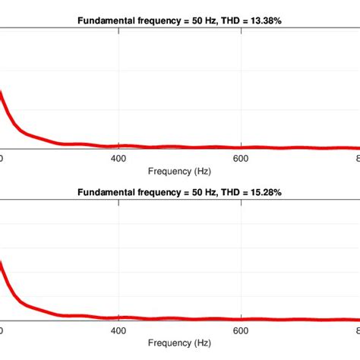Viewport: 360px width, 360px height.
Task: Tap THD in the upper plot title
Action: coord(226,21)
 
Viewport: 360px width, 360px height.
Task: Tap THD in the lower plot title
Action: coord(226,193)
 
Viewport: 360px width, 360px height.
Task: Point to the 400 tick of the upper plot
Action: coord(118,159)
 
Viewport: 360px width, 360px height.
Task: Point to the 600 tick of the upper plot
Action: coord(241,159)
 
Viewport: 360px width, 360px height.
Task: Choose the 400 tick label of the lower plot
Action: coord(118,330)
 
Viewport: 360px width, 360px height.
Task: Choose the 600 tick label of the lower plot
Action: coord(241,330)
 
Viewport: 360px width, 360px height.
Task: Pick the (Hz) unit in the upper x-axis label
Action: coord(202,172)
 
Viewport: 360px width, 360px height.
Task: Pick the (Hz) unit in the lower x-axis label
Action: coord(202,343)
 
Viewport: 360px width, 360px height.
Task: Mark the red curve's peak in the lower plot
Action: coord(2,263)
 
